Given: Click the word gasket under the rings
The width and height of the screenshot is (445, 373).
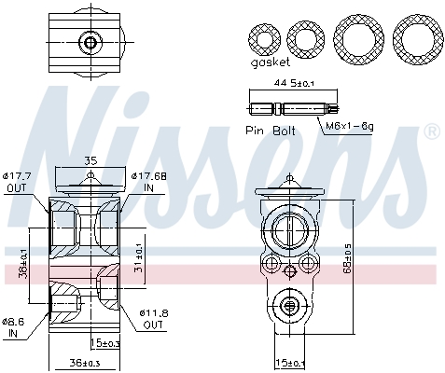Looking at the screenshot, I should (x=270, y=63).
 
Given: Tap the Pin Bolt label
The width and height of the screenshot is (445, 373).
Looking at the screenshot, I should (x=271, y=131).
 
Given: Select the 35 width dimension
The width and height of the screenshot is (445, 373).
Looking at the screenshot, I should (x=90, y=160).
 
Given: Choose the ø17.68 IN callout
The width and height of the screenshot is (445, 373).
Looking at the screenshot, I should (x=149, y=181).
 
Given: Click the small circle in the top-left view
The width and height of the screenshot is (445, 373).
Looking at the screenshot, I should (x=90, y=42).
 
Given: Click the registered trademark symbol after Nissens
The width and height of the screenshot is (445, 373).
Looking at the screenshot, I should (x=431, y=132).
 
